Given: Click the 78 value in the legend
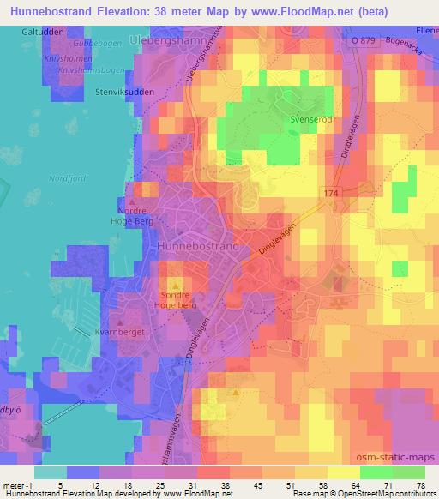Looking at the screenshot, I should click(419, 485).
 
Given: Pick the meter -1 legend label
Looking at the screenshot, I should click(19, 485).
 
